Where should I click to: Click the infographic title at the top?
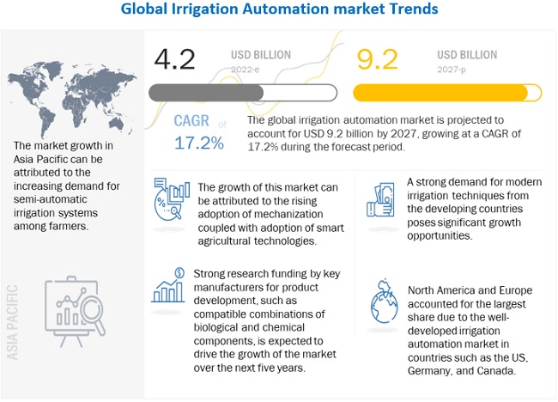pos(279,10)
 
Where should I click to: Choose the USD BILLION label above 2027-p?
pos(466,55)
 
